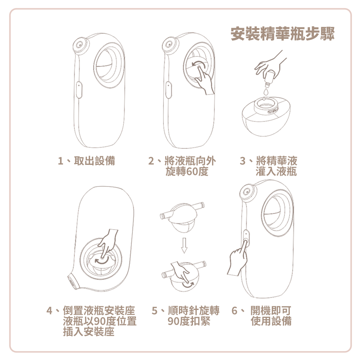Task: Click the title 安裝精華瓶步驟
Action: tap(283, 34)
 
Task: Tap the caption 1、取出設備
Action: tap(87, 161)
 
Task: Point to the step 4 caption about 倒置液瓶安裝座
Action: tap(92, 321)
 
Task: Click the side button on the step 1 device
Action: tap(79, 90)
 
